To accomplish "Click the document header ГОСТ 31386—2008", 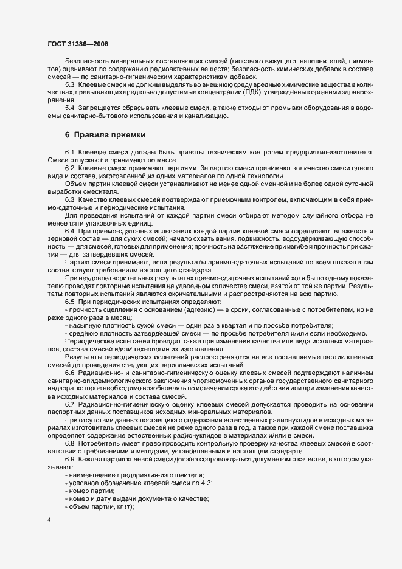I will (78, 44).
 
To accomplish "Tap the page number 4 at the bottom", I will (49, 521).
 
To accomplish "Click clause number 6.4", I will (69, 232).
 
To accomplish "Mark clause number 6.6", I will (69, 372).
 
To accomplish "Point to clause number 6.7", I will (69, 404).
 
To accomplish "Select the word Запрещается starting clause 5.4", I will (102, 108).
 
